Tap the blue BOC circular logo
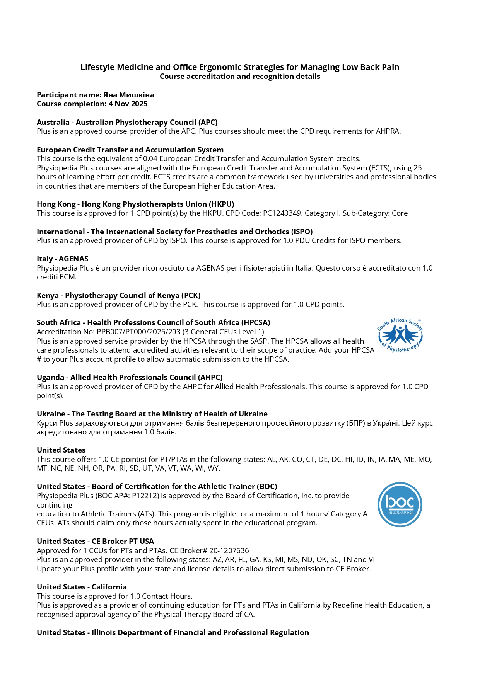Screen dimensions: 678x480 click(400, 504)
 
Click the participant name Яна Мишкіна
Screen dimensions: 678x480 click(128, 95)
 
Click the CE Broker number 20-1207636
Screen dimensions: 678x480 click(229, 550)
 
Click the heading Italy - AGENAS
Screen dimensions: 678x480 click(62, 259)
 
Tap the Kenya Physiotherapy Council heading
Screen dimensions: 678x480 click(118, 295)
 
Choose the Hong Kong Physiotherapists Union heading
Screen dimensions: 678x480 click(135, 204)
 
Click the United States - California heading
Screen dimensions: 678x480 click(82, 587)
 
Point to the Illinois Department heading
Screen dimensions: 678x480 click(173, 632)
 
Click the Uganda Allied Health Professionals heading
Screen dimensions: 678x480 click(130, 377)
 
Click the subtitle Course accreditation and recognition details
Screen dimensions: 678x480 click(240, 76)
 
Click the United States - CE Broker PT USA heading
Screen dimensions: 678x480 click(95, 541)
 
